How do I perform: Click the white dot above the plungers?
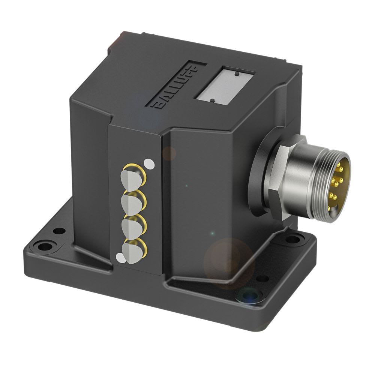pos(149,163)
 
